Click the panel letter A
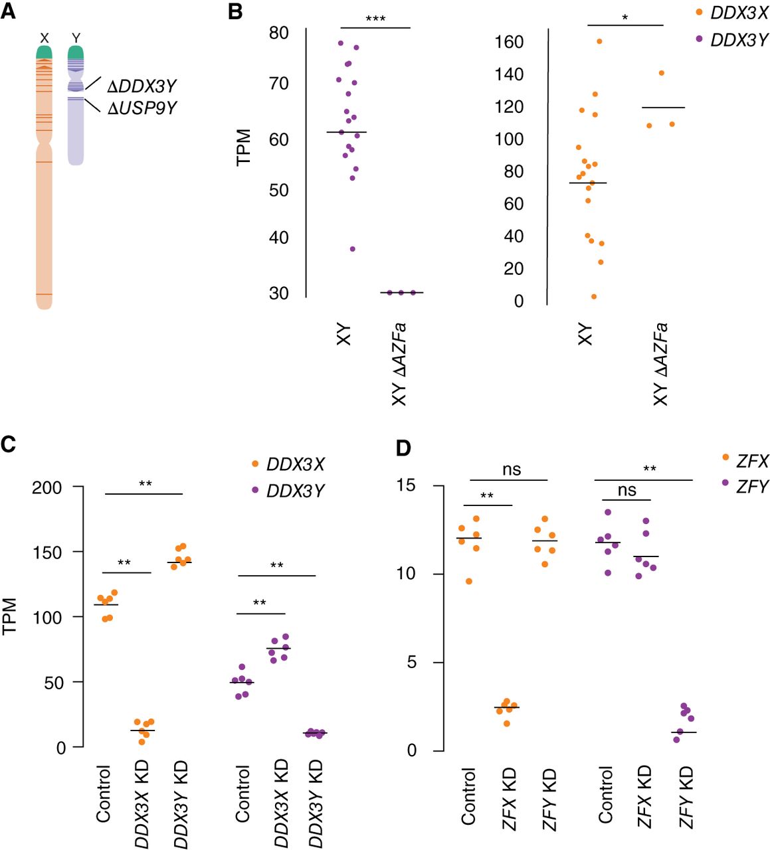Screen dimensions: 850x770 [8, 11]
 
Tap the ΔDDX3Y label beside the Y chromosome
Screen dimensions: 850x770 [142, 86]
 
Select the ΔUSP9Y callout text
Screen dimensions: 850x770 [142, 108]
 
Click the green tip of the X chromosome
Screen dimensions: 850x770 [45, 52]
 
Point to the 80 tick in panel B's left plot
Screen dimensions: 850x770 [279, 33]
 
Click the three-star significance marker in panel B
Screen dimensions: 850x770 [375, 19]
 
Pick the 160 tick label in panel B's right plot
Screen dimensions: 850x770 [509, 42]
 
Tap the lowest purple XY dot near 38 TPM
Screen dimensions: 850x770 [353, 249]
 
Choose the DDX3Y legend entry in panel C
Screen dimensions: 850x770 [288, 491]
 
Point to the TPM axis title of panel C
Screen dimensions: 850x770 [9, 616]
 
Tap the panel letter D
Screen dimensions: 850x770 [403, 448]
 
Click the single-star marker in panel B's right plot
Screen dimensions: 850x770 [625, 18]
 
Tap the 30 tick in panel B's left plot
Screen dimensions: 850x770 [279, 294]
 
